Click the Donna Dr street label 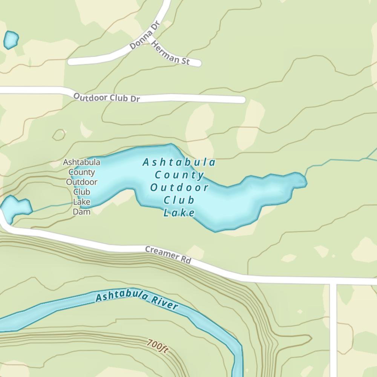145,35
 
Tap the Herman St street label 170,53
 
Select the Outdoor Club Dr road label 107,97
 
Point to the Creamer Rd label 168,255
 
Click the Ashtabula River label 136,298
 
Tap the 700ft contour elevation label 158,346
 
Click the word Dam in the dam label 81,211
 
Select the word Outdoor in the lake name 179,187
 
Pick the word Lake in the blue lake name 179,213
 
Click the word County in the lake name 179,175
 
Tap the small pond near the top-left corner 11,40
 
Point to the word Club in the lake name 179,200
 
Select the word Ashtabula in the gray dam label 81,162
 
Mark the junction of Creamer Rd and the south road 333,281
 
